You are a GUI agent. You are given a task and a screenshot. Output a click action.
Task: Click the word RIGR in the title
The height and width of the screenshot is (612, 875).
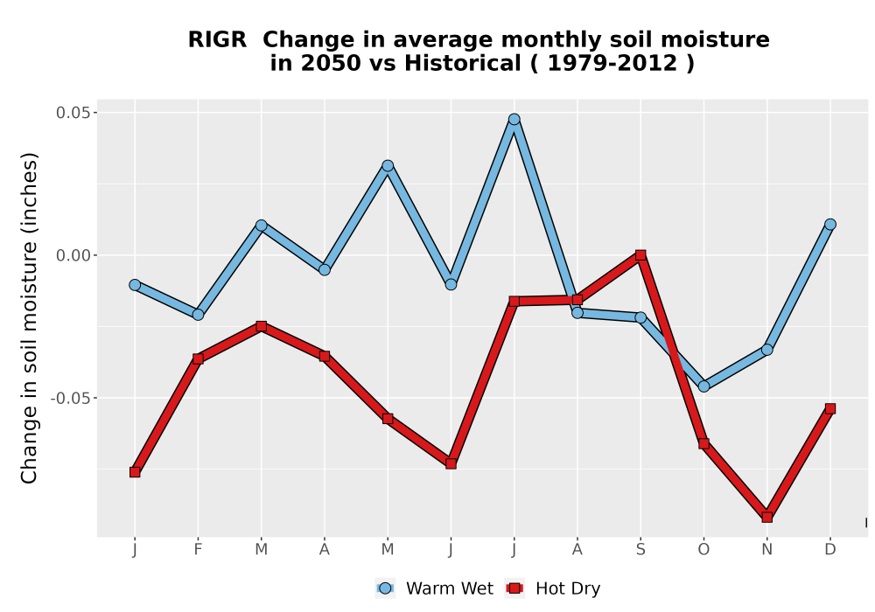pos(217,40)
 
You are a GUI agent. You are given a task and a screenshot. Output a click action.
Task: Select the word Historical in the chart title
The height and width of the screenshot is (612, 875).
pos(463,63)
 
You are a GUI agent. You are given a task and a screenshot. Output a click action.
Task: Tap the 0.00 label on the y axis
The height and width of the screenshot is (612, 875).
pos(73,255)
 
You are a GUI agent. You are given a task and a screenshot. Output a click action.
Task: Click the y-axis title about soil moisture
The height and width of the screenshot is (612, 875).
pos(29,317)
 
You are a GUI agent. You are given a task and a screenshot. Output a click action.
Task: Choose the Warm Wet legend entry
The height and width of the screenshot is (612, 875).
pos(434,588)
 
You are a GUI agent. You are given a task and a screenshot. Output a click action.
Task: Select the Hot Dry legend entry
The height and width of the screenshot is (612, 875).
pos(552,588)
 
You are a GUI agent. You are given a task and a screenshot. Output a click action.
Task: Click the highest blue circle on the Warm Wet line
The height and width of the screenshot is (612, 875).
pos(514,119)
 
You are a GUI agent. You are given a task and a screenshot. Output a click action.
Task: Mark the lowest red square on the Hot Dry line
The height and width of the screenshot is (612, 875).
pos(766,518)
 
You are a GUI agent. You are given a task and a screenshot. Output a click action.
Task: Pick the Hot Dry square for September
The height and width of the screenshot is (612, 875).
pos(640,255)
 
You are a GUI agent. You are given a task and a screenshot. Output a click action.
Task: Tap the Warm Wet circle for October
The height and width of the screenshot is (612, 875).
pos(703,386)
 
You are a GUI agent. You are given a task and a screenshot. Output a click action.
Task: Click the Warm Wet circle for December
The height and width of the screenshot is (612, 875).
pos(829,225)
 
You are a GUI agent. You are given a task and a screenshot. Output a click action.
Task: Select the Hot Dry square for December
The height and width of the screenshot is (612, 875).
pos(829,409)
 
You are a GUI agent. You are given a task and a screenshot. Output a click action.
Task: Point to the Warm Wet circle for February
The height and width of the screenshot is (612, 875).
pos(198,315)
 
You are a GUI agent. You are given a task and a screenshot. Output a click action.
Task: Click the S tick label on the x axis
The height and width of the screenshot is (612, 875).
pos(640,550)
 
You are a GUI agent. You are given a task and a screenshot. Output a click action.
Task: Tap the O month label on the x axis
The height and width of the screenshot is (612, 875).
pos(703,550)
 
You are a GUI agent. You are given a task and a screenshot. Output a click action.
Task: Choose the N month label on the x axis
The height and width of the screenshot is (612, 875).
pos(766,550)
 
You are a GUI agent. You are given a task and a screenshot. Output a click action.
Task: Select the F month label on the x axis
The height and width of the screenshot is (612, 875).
pos(198,550)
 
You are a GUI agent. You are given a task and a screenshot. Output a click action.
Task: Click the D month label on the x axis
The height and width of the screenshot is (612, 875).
pos(829,550)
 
